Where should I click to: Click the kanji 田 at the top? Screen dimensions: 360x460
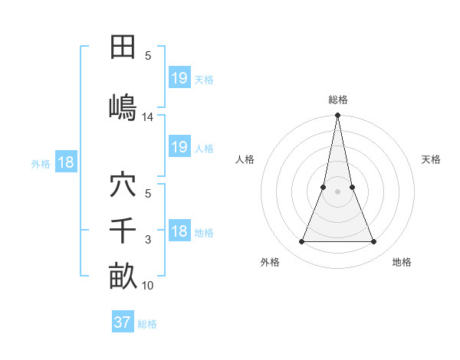pyautogui.click(x=123, y=47)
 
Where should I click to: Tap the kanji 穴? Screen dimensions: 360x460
pyautogui.click(x=123, y=185)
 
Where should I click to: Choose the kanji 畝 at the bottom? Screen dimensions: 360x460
pyautogui.click(x=123, y=277)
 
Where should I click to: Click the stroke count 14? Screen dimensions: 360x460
pyautogui.click(x=148, y=117)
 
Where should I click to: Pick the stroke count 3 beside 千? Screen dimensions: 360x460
pyautogui.click(x=148, y=240)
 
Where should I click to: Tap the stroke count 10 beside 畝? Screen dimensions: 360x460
pyautogui.click(x=148, y=286)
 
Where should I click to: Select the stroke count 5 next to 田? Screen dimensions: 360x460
pyautogui.click(x=148, y=56)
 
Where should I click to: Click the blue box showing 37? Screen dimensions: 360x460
pyautogui.click(x=123, y=322)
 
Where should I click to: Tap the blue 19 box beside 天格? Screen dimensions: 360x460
pyautogui.click(x=179, y=78)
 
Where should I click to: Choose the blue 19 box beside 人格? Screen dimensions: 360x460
pyautogui.click(x=179, y=147)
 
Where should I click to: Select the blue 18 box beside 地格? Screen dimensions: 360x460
pyautogui.click(x=179, y=232)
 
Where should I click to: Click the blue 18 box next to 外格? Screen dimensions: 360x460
pyautogui.click(x=65, y=162)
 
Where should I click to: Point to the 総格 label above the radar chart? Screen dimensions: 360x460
pyautogui.click(x=337, y=100)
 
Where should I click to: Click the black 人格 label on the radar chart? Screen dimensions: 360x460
pyautogui.click(x=245, y=159)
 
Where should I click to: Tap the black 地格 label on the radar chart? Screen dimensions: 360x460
pyautogui.click(x=402, y=262)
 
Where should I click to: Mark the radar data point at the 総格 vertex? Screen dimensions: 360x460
pyautogui.click(x=337, y=116)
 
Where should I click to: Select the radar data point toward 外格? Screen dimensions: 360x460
pyautogui.click(x=301, y=242)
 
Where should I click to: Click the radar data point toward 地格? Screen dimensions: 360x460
pyautogui.click(x=374, y=242)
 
